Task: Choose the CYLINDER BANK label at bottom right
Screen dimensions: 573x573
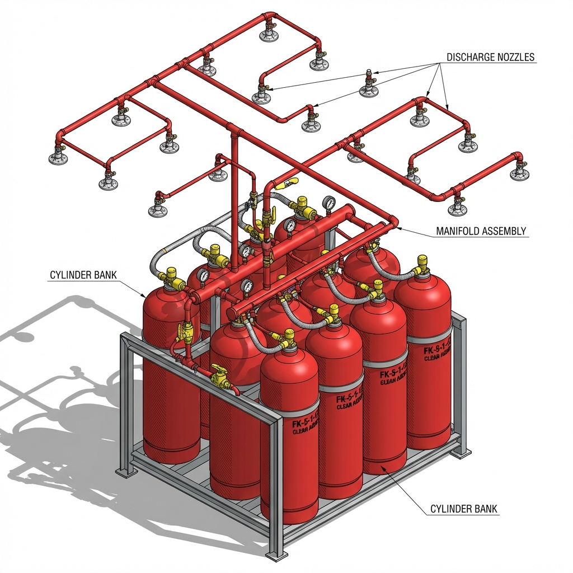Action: click(464, 509)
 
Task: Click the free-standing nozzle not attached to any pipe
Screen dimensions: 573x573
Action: click(369, 85)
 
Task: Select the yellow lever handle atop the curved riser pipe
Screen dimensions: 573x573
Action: click(291, 182)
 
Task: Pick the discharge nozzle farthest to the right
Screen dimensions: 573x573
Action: click(519, 170)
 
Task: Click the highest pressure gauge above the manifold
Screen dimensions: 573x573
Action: click(329, 203)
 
